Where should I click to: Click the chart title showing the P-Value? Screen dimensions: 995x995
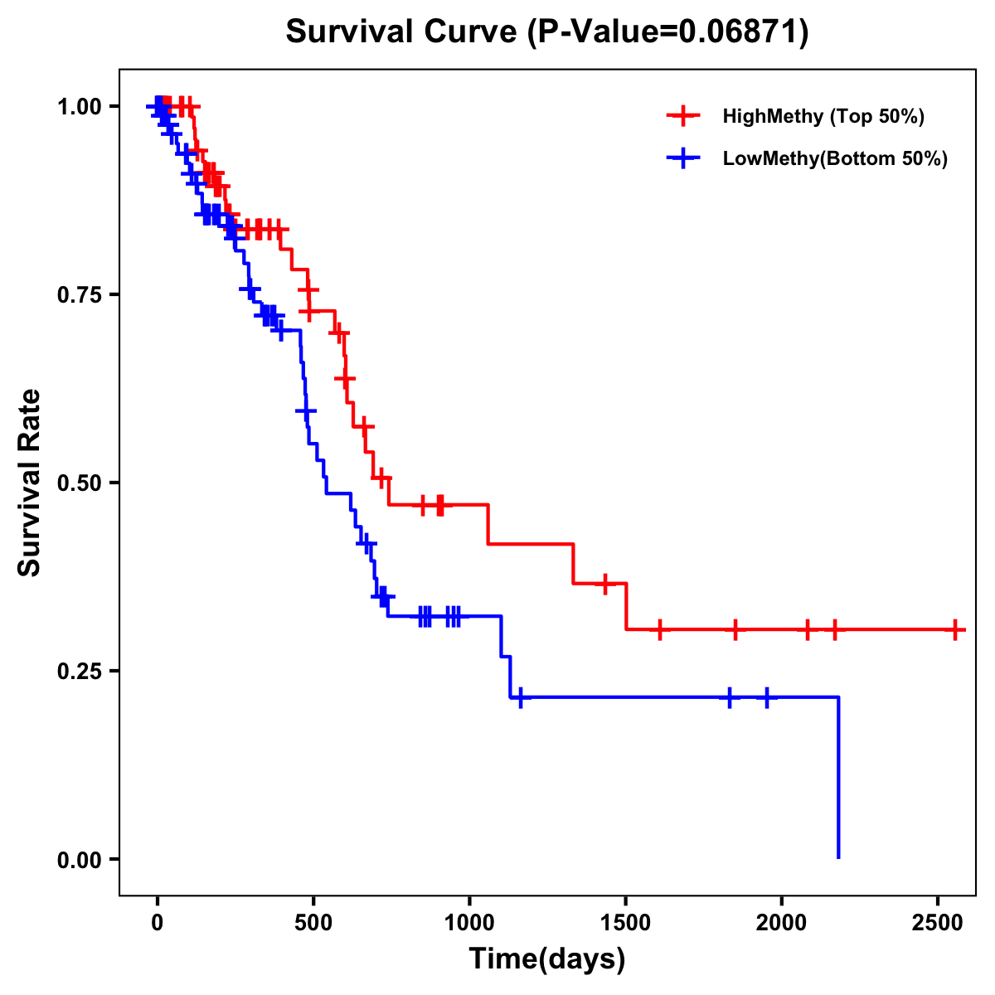(547, 32)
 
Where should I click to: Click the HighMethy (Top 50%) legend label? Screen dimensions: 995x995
(823, 116)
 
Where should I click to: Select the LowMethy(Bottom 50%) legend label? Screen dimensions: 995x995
(835, 158)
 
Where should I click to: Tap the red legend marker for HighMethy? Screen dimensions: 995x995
(683, 116)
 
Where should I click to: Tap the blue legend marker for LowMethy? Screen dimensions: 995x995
(683, 158)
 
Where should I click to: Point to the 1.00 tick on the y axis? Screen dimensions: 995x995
(79, 107)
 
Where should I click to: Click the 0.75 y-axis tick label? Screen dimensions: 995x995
(79, 295)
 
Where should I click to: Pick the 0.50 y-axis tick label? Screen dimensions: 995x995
(79, 483)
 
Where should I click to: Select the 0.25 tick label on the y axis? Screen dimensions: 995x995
(79, 672)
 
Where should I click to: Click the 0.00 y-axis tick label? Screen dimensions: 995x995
(79, 860)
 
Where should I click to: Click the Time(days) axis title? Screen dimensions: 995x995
(547, 959)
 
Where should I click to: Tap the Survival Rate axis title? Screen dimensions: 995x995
(30, 483)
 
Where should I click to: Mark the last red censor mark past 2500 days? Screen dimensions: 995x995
(955, 630)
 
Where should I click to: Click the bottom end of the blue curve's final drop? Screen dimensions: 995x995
(838, 857)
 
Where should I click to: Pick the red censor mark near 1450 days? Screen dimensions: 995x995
(605, 584)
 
